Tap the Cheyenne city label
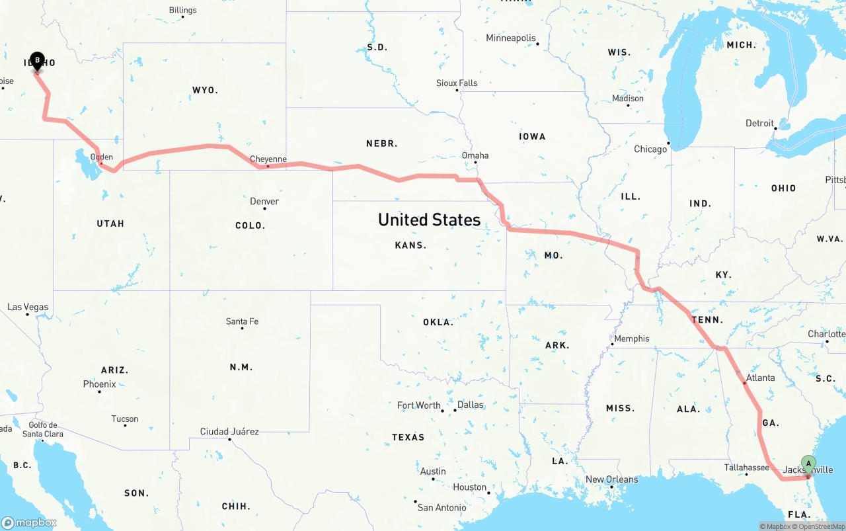click(268, 159)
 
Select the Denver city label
click(264, 201)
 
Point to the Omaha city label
click(475, 155)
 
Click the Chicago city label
click(650, 149)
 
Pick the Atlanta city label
click(760, 378)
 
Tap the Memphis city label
click(631, 339)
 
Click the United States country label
click(429, 220)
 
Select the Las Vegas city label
click(27, 307)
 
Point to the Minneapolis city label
click(511, 38)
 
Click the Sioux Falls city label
click(457, 83)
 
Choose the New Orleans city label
click(612, 479)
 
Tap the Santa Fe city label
click(242, 321)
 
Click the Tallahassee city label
click(746, 468)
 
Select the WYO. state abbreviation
click(205, 90)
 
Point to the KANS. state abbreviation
click(410, 245)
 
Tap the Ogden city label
click(102, 157)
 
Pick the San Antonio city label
click(442, 507)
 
